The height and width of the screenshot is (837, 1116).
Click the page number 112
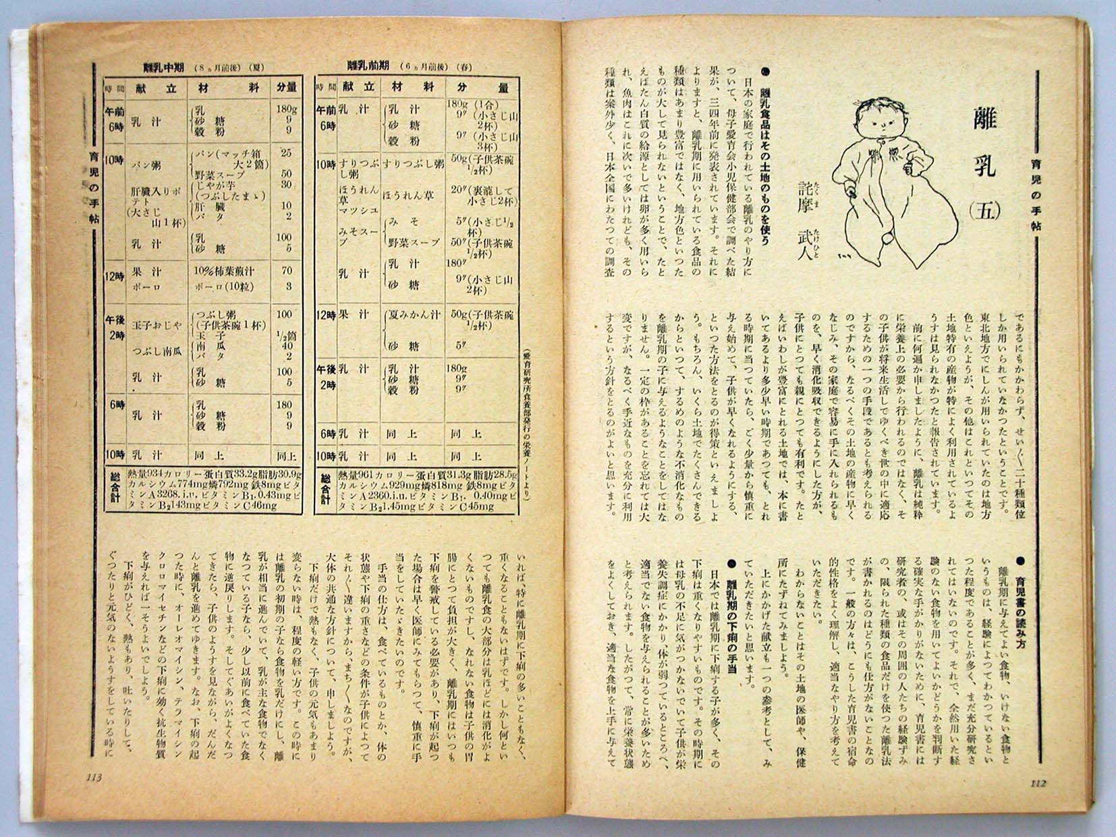pos(1038,784)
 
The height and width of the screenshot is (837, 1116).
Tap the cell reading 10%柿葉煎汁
pos(224,271)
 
